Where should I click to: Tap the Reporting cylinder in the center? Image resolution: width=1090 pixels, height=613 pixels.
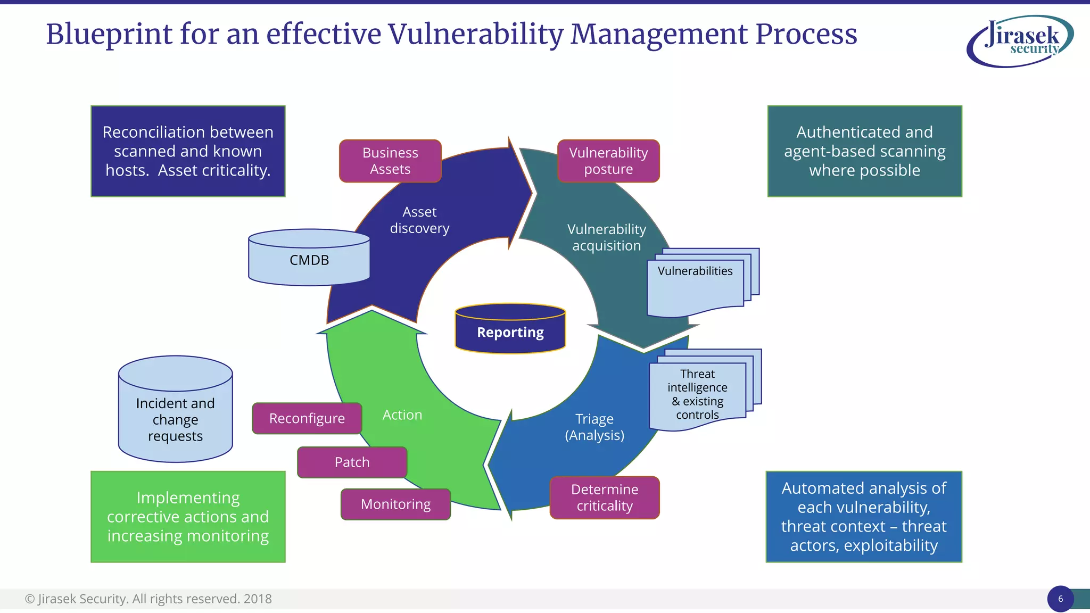[x=510, y=329]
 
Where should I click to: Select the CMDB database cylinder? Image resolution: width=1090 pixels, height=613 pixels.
[x=309, y=259]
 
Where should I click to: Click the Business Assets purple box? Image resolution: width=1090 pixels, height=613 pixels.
[x=390, y=161]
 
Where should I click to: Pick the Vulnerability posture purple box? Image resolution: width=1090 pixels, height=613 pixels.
[x=608, y=161]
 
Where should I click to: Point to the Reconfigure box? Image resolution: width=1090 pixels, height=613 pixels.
[x=307, y=418]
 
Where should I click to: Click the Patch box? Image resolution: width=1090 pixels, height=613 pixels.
[x=352, y=462]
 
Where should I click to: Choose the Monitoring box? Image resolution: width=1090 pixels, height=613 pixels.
[x=395, y=504]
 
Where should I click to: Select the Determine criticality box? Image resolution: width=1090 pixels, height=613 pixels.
[x=605, y=498]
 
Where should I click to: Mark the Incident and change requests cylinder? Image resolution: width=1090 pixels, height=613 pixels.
[x=175, y=410]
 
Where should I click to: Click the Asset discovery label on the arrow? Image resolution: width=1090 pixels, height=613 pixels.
[x=419, y=220]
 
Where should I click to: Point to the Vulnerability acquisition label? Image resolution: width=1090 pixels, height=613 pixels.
[x=606, y=237]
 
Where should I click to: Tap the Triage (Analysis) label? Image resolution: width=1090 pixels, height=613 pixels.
[x=594, y=427]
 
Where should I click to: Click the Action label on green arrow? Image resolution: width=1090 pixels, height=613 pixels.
[x=402, y=415]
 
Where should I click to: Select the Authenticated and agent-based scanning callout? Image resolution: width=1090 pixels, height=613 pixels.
[x=864, y=151]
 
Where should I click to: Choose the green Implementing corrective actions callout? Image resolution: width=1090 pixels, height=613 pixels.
[x=188, y=516]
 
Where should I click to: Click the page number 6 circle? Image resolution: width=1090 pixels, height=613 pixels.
[x=1060, y=599]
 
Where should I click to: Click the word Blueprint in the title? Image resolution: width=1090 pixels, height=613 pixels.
[x=109, y=34]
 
